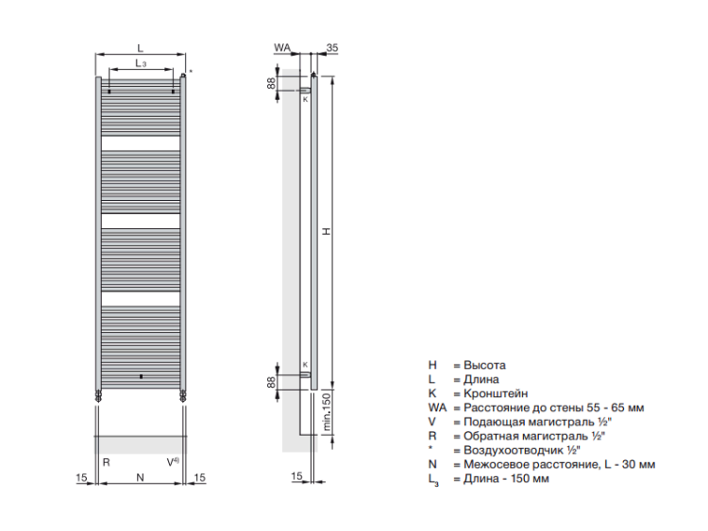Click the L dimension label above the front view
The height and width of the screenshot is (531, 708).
click(141, 48)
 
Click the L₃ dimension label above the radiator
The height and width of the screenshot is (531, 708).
click(141, 63)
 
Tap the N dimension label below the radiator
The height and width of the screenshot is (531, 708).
click(140, 477)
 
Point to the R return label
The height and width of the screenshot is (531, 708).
click(106, 462)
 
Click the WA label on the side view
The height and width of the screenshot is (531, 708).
click(282, 47)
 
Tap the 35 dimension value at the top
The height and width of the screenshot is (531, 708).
click(332, 47)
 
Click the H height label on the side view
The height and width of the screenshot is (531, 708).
click(327, 231)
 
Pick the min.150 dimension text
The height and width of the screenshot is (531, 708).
click(327, 412)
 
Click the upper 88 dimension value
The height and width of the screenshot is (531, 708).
click(271, 83)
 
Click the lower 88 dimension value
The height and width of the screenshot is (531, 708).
click(271, 382)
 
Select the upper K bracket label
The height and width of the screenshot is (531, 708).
click(305, 99)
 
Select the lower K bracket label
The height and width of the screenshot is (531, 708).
click(305, 364)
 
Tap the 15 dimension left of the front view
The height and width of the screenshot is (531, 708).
click(81, 477)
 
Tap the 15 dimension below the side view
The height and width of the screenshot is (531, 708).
click(296, 476)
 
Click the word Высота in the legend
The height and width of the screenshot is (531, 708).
click(484, 365)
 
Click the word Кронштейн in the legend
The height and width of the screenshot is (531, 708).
click(496, 393)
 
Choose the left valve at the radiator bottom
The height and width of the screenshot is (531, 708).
click(98, 396)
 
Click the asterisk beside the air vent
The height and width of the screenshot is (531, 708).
click(191, 72)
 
